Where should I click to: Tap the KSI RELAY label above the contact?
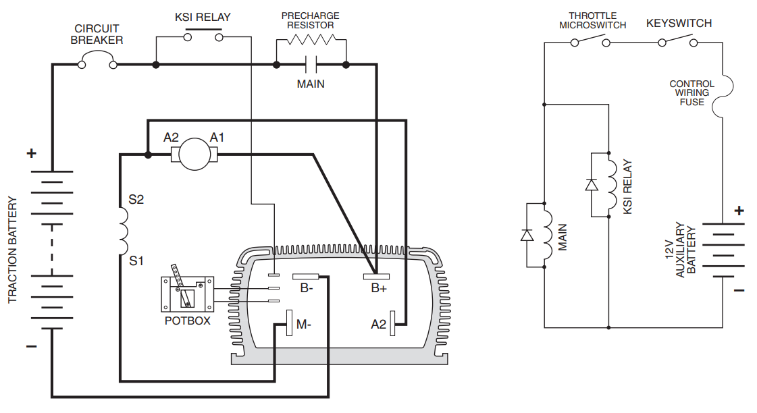203,18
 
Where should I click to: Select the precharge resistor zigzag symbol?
311,40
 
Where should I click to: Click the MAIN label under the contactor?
311,84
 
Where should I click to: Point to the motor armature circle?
194,155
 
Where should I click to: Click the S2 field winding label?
136,199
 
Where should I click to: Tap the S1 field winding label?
136,261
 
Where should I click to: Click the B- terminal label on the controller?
307,288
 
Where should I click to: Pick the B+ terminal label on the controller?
379,288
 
